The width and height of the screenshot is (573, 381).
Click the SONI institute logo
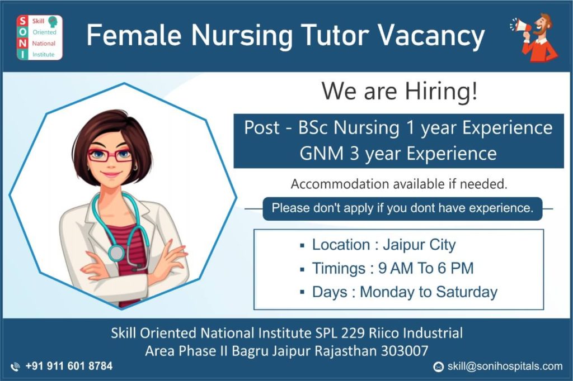coord(40,37)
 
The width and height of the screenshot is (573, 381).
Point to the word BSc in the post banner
coord(313,128)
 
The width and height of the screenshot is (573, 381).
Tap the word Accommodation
coord(340,184)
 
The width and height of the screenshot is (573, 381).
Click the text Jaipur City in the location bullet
coord(419,245)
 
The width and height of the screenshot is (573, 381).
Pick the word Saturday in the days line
coord(467,292)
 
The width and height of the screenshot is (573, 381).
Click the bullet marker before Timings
coord(302,270)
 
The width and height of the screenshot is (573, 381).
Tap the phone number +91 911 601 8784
coord(69,366)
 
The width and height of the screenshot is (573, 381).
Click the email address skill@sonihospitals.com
coord(505,366)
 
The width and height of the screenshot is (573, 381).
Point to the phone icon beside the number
coord(15,367)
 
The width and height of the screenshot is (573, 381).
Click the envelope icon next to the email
coord(439,367)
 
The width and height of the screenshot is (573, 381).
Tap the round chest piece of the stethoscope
coord(116,253)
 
